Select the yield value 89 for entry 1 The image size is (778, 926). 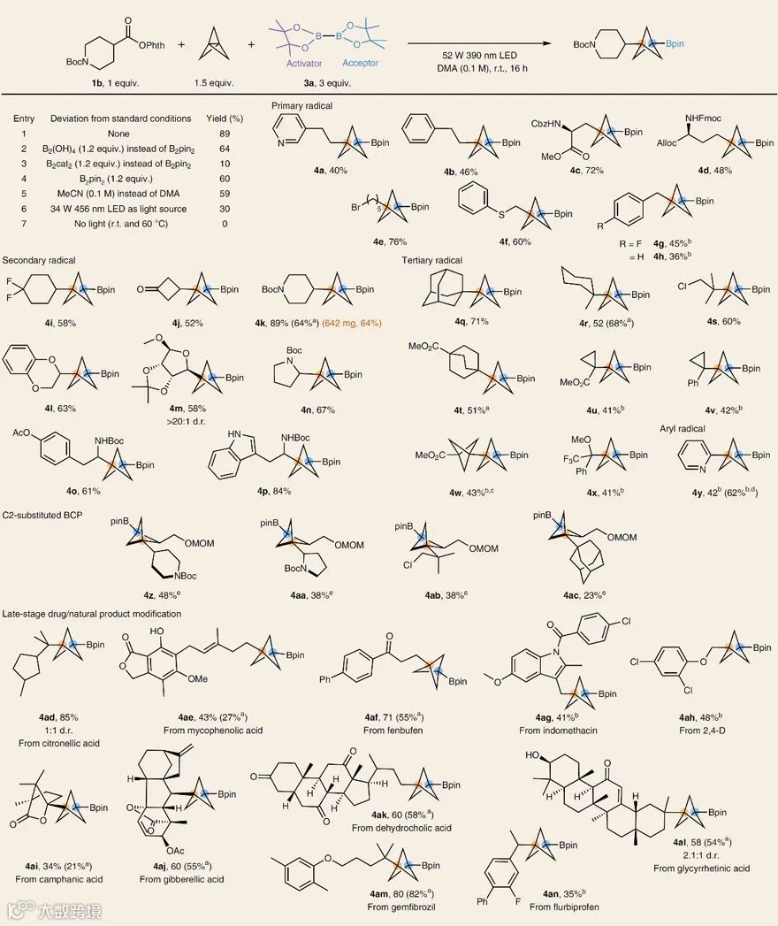236,134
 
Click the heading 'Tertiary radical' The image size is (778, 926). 431,261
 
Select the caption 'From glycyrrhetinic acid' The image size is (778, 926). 701,869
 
